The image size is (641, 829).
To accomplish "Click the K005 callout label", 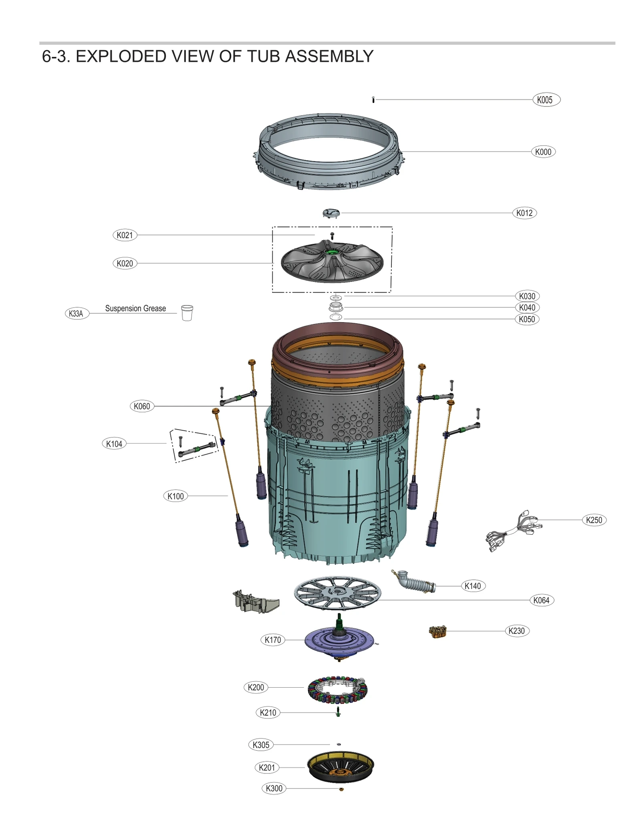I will [546, 100].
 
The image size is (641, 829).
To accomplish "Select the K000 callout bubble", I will [543, 152].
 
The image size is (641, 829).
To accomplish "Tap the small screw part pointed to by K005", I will [373, 100].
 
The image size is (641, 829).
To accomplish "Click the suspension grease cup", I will [187, 313].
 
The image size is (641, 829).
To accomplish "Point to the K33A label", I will [76, 313].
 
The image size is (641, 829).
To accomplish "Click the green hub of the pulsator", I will [331, 251].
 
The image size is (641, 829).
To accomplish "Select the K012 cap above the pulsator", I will [331, 213].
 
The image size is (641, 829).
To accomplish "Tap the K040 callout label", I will [526, 307].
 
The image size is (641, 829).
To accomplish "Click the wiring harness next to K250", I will [513, 530].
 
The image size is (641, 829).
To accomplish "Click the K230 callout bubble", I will [516, 631].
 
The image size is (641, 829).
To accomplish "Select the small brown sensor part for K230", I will [437, 632].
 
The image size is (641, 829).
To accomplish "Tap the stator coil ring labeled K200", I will [337, 690].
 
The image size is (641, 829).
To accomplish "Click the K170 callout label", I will [272, 640].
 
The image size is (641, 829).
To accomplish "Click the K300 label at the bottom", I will [274, 788].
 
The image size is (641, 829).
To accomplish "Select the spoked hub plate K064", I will [337, 593].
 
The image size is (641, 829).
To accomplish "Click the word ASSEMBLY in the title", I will [329, 56].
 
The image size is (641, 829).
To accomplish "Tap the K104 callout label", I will [114, 444].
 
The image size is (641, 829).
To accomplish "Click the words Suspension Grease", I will [135, 308].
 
